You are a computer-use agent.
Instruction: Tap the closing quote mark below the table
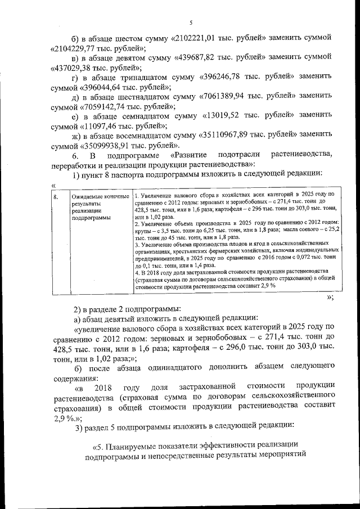click(x=330, y=298)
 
